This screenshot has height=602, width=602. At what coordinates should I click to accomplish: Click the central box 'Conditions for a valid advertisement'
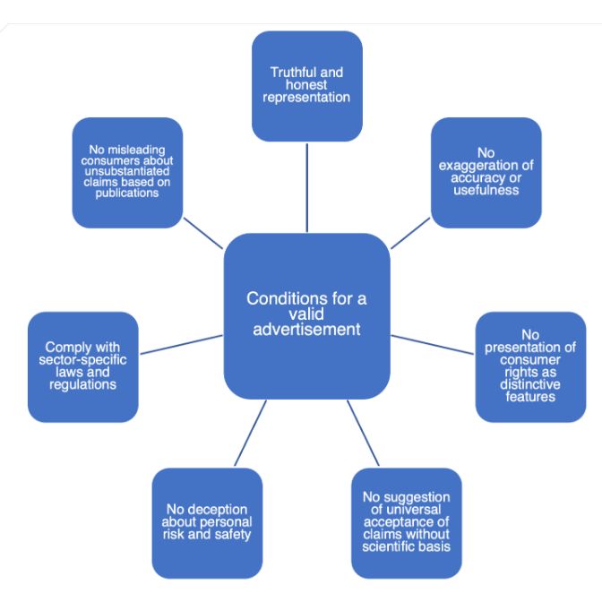tap(306, 315)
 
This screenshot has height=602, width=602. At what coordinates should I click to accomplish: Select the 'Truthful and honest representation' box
tap(306, 85)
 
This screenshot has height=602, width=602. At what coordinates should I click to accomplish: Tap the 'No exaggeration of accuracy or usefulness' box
tap(486, 172)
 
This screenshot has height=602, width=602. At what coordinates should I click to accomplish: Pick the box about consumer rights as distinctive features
tap(529, 366)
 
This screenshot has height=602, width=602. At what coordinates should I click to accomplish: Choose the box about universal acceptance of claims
tap(406, 522)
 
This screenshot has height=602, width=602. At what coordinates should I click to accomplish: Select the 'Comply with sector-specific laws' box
tap(83, 366)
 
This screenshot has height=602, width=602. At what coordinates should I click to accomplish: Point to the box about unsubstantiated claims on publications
tap(127, 172)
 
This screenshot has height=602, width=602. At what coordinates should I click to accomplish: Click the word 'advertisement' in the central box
tap(306, 329)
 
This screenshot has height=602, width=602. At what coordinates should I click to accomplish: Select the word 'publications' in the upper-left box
tap(127, 192)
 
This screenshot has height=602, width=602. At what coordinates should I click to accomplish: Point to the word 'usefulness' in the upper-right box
tap(486, 190)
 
